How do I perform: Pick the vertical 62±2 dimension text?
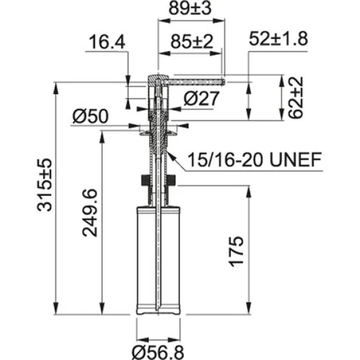296,97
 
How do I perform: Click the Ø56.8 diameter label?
159,350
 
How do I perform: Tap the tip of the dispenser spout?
223,79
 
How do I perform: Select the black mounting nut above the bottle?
158,180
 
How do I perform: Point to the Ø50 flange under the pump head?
158,130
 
